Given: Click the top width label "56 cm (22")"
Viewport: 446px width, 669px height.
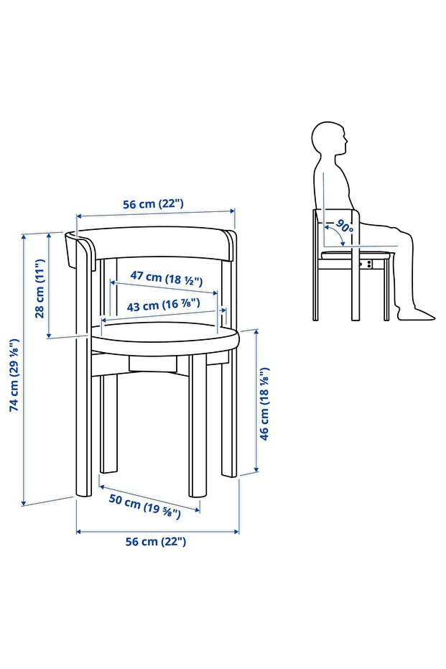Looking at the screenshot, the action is point(153,204).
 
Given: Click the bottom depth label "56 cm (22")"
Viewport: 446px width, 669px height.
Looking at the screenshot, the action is point(156,541).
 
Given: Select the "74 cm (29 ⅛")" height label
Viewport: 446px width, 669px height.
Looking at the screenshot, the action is point(14,375).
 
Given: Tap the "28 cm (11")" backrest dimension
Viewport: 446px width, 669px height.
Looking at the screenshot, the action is point(40,288).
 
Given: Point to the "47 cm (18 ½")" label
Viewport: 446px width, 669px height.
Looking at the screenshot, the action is point(167,278).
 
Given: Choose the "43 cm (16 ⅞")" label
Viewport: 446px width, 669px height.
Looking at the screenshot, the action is point(163,305).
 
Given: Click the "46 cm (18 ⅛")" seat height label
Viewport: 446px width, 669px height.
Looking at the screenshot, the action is point(264,404).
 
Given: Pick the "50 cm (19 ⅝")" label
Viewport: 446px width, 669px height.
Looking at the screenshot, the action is point(144,506).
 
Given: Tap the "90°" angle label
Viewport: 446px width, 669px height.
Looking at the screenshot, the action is point(345,226).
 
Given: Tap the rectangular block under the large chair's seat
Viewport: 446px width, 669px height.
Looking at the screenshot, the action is point(154,363).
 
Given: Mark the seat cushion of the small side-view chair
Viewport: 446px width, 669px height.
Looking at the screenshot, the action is point(356,254).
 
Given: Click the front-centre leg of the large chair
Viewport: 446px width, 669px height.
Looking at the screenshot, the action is point(198,426).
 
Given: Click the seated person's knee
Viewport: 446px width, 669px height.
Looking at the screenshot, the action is point(405,235).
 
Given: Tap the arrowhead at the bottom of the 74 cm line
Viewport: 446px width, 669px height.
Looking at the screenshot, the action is point(24,503).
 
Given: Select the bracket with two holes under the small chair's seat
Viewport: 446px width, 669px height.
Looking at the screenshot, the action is point(367,264).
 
